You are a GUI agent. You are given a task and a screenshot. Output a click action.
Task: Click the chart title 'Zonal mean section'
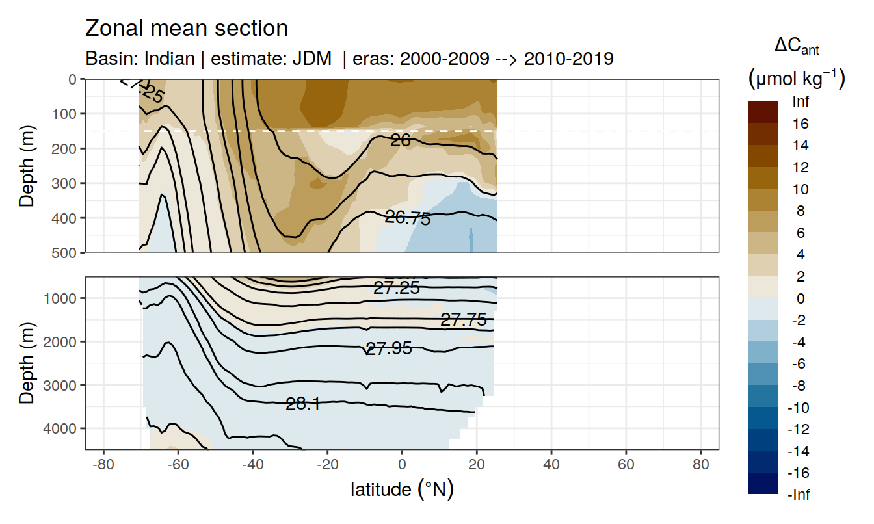[x=187, y=29]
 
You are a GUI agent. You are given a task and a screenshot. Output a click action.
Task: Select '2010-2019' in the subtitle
[x=568, y=59]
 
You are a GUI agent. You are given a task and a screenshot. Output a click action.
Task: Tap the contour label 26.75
[x=408, y=218]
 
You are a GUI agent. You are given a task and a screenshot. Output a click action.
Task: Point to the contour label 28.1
[x=303, y=404]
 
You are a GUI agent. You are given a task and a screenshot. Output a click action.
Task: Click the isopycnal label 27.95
[x=389, y=349]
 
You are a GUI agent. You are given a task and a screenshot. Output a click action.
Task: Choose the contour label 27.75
[x=464, y=319]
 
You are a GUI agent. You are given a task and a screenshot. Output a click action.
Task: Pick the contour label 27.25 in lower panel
[x=397, y=288]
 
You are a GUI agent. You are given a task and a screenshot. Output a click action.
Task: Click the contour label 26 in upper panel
[x=400, y=139]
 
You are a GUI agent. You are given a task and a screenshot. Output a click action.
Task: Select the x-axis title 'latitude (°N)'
[x=402, y=489]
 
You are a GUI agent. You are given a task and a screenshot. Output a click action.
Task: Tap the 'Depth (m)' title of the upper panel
[x=27, y=165]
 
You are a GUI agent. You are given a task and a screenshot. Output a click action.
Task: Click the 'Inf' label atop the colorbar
[x=801, y=102]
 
